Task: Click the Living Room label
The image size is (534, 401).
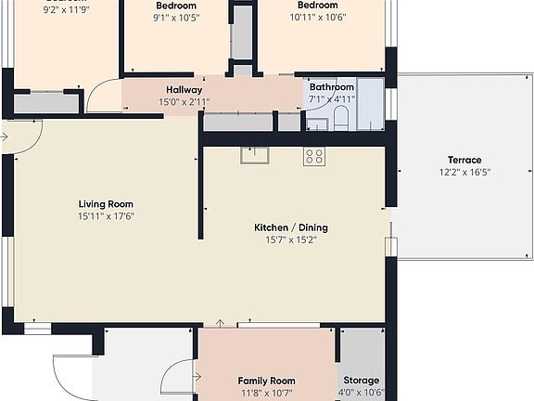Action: (106, 204)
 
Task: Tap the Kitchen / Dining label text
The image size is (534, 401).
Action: (291, 227)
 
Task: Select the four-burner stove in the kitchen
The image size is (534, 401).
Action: (313, 157)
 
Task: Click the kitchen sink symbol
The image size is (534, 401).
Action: (254, 155)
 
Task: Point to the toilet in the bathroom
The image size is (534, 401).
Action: (340, 117)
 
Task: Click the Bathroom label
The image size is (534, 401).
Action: (331, 87)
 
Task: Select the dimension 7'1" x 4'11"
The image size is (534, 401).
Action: (331, 98)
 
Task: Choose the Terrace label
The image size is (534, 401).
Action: (464, 160)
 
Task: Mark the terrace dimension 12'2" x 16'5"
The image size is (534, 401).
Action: (464, 172)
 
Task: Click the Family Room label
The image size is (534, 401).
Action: (266, 381)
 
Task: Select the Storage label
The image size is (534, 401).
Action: (362, 381)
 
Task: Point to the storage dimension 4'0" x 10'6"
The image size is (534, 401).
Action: (362, 393)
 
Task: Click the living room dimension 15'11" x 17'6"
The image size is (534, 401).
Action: (106, 216)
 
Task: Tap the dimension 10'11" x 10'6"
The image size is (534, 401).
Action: (317, 17)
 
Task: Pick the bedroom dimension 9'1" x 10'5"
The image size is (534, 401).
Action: (175, 17)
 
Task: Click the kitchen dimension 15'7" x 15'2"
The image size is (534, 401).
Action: (291, 239)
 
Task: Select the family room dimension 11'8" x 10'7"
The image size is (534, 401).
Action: (266, 393)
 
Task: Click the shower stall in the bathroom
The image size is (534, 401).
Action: (371, 103)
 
